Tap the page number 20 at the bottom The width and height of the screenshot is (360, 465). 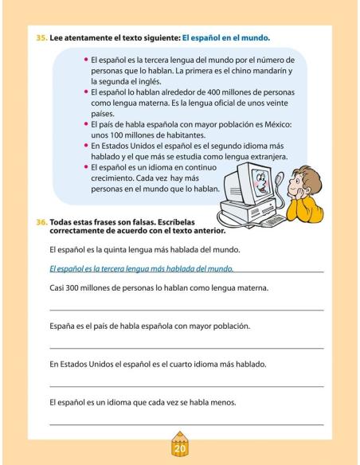click(x=179, y=447)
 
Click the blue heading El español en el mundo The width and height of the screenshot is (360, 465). click(x=227, y=37)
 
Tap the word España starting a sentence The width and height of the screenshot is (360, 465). click(x=63, y=326)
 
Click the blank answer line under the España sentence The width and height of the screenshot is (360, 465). click(x=186, y=347)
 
